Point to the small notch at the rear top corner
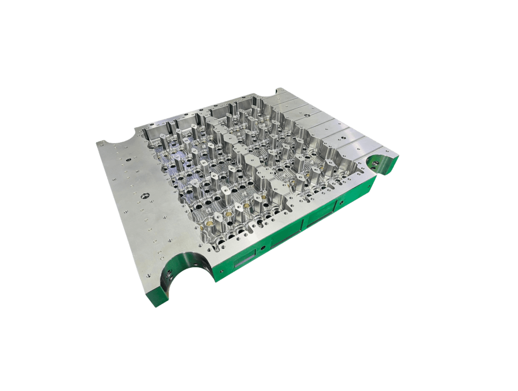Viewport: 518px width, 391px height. click(279, 92)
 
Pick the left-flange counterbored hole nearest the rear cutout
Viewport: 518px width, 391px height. click(127, 159)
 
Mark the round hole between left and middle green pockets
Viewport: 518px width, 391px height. click(263, 247)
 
